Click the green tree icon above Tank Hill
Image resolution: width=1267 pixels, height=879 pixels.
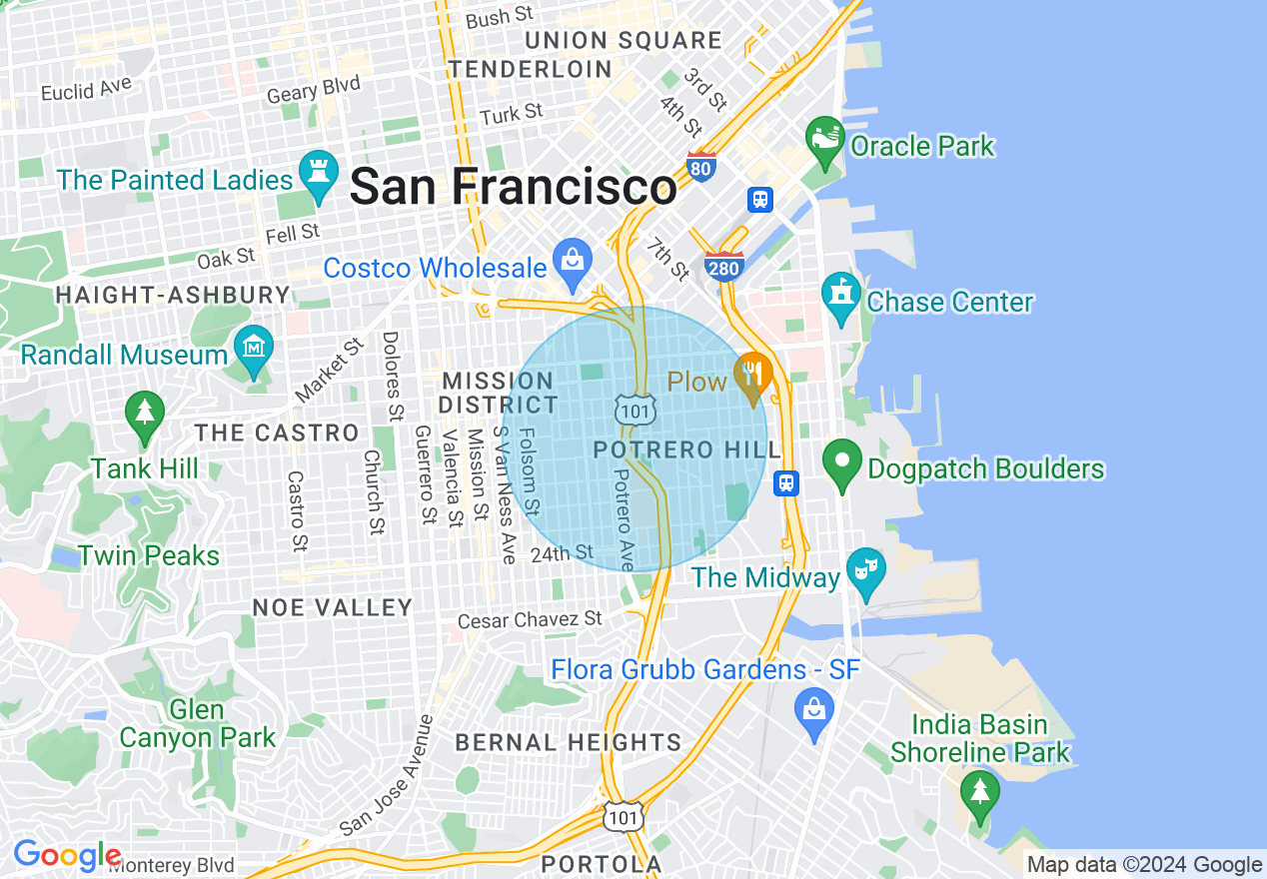[145, 415]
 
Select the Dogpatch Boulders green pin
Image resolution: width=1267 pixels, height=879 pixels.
[842, 463]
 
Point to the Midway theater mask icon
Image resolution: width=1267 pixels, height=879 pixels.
[865, 571]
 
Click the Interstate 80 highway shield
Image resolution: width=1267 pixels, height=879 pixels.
[701, 167]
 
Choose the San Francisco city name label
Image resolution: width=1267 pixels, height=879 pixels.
[513, 187]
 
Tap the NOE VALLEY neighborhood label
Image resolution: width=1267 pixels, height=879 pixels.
[332, 607]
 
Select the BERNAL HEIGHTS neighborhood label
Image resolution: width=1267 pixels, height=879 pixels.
[568, 742]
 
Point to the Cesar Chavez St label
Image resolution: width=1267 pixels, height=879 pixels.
[530, 620]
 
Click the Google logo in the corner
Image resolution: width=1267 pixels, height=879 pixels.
[67, 856]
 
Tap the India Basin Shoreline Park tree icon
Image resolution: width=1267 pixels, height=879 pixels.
[979, 792]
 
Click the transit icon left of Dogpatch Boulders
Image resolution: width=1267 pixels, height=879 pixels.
[787, 483]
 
